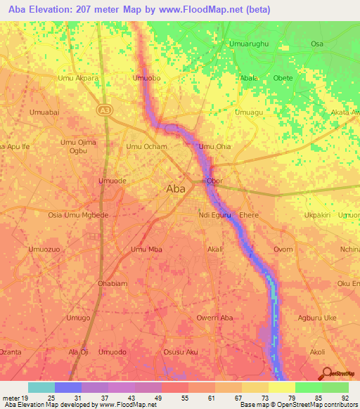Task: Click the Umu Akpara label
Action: click(x=78, y=79)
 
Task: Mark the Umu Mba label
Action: click(x=146, y=249)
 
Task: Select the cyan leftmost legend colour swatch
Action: click(x=41, y=387)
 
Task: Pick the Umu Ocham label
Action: click(x=146, y=147)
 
